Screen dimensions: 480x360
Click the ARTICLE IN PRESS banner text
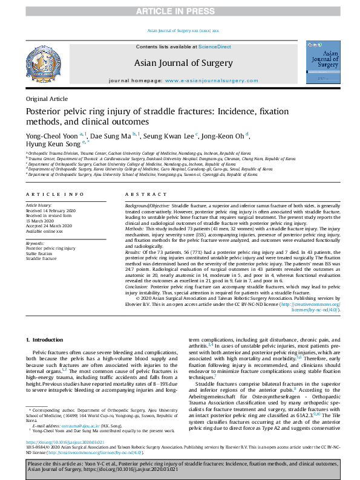coord(180,11)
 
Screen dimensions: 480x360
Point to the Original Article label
coord(47,99)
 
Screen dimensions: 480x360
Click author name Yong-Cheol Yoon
coord(51,137)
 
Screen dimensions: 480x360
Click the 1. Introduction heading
coord(47,340)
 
